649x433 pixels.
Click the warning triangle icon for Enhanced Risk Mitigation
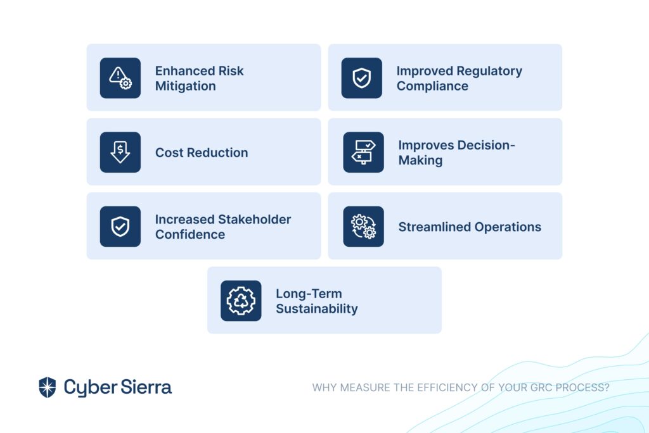click(120, 78)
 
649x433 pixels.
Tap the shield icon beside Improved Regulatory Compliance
click(362, 78)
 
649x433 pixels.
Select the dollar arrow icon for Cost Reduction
click(120, 152)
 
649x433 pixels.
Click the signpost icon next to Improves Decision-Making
click(363, 152)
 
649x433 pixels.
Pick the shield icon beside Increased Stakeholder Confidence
click(120, 227)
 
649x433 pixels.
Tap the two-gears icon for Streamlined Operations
click(363, 227)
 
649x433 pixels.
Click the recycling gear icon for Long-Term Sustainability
click(241, 301)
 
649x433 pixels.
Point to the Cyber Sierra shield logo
click(47, 387)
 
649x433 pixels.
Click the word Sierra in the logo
click(146, 387)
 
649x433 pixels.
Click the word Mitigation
click(186, 86)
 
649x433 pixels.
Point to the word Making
click(421, 160)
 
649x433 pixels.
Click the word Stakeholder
click(255, 219)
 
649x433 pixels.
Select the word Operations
click(508, 227)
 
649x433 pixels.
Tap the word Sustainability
click(317, 309)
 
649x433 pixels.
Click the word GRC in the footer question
click(541, 387)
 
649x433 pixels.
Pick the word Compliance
click(432, 87)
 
